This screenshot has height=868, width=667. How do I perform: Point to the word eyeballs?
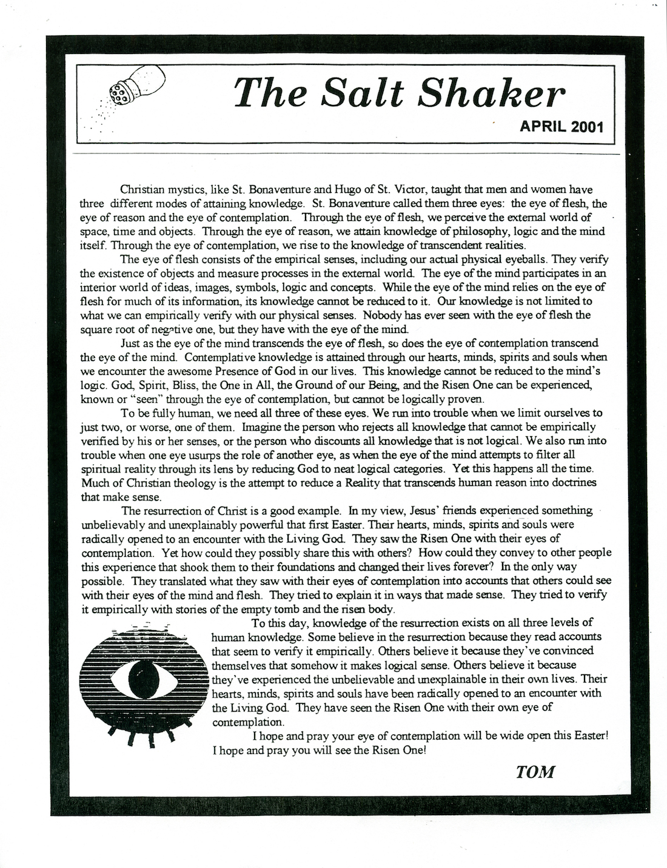tap(545, 260)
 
